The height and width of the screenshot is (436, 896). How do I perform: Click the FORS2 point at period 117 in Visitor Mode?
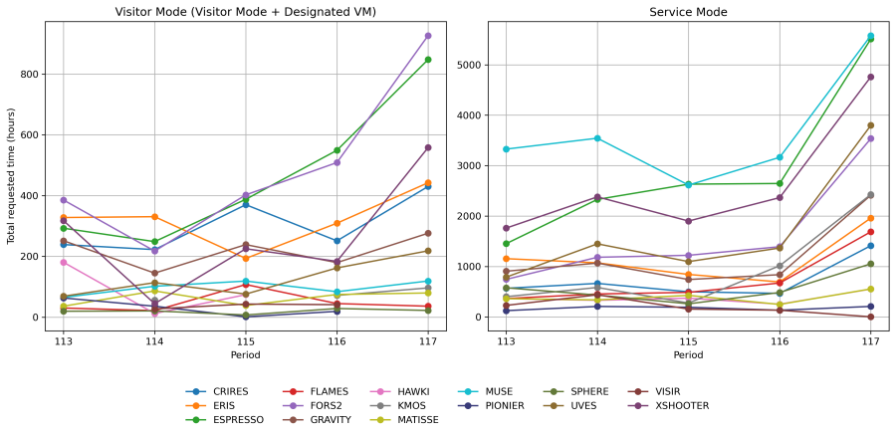[428, 36]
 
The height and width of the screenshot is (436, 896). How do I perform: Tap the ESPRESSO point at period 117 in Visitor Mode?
[428, 60]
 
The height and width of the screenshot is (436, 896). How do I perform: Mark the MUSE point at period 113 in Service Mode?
[506, 149]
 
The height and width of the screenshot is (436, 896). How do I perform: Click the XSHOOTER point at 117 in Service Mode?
[870, 77]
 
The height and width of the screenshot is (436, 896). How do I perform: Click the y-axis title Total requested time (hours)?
[11, 175]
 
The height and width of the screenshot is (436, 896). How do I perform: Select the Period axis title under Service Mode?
[688, 355]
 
